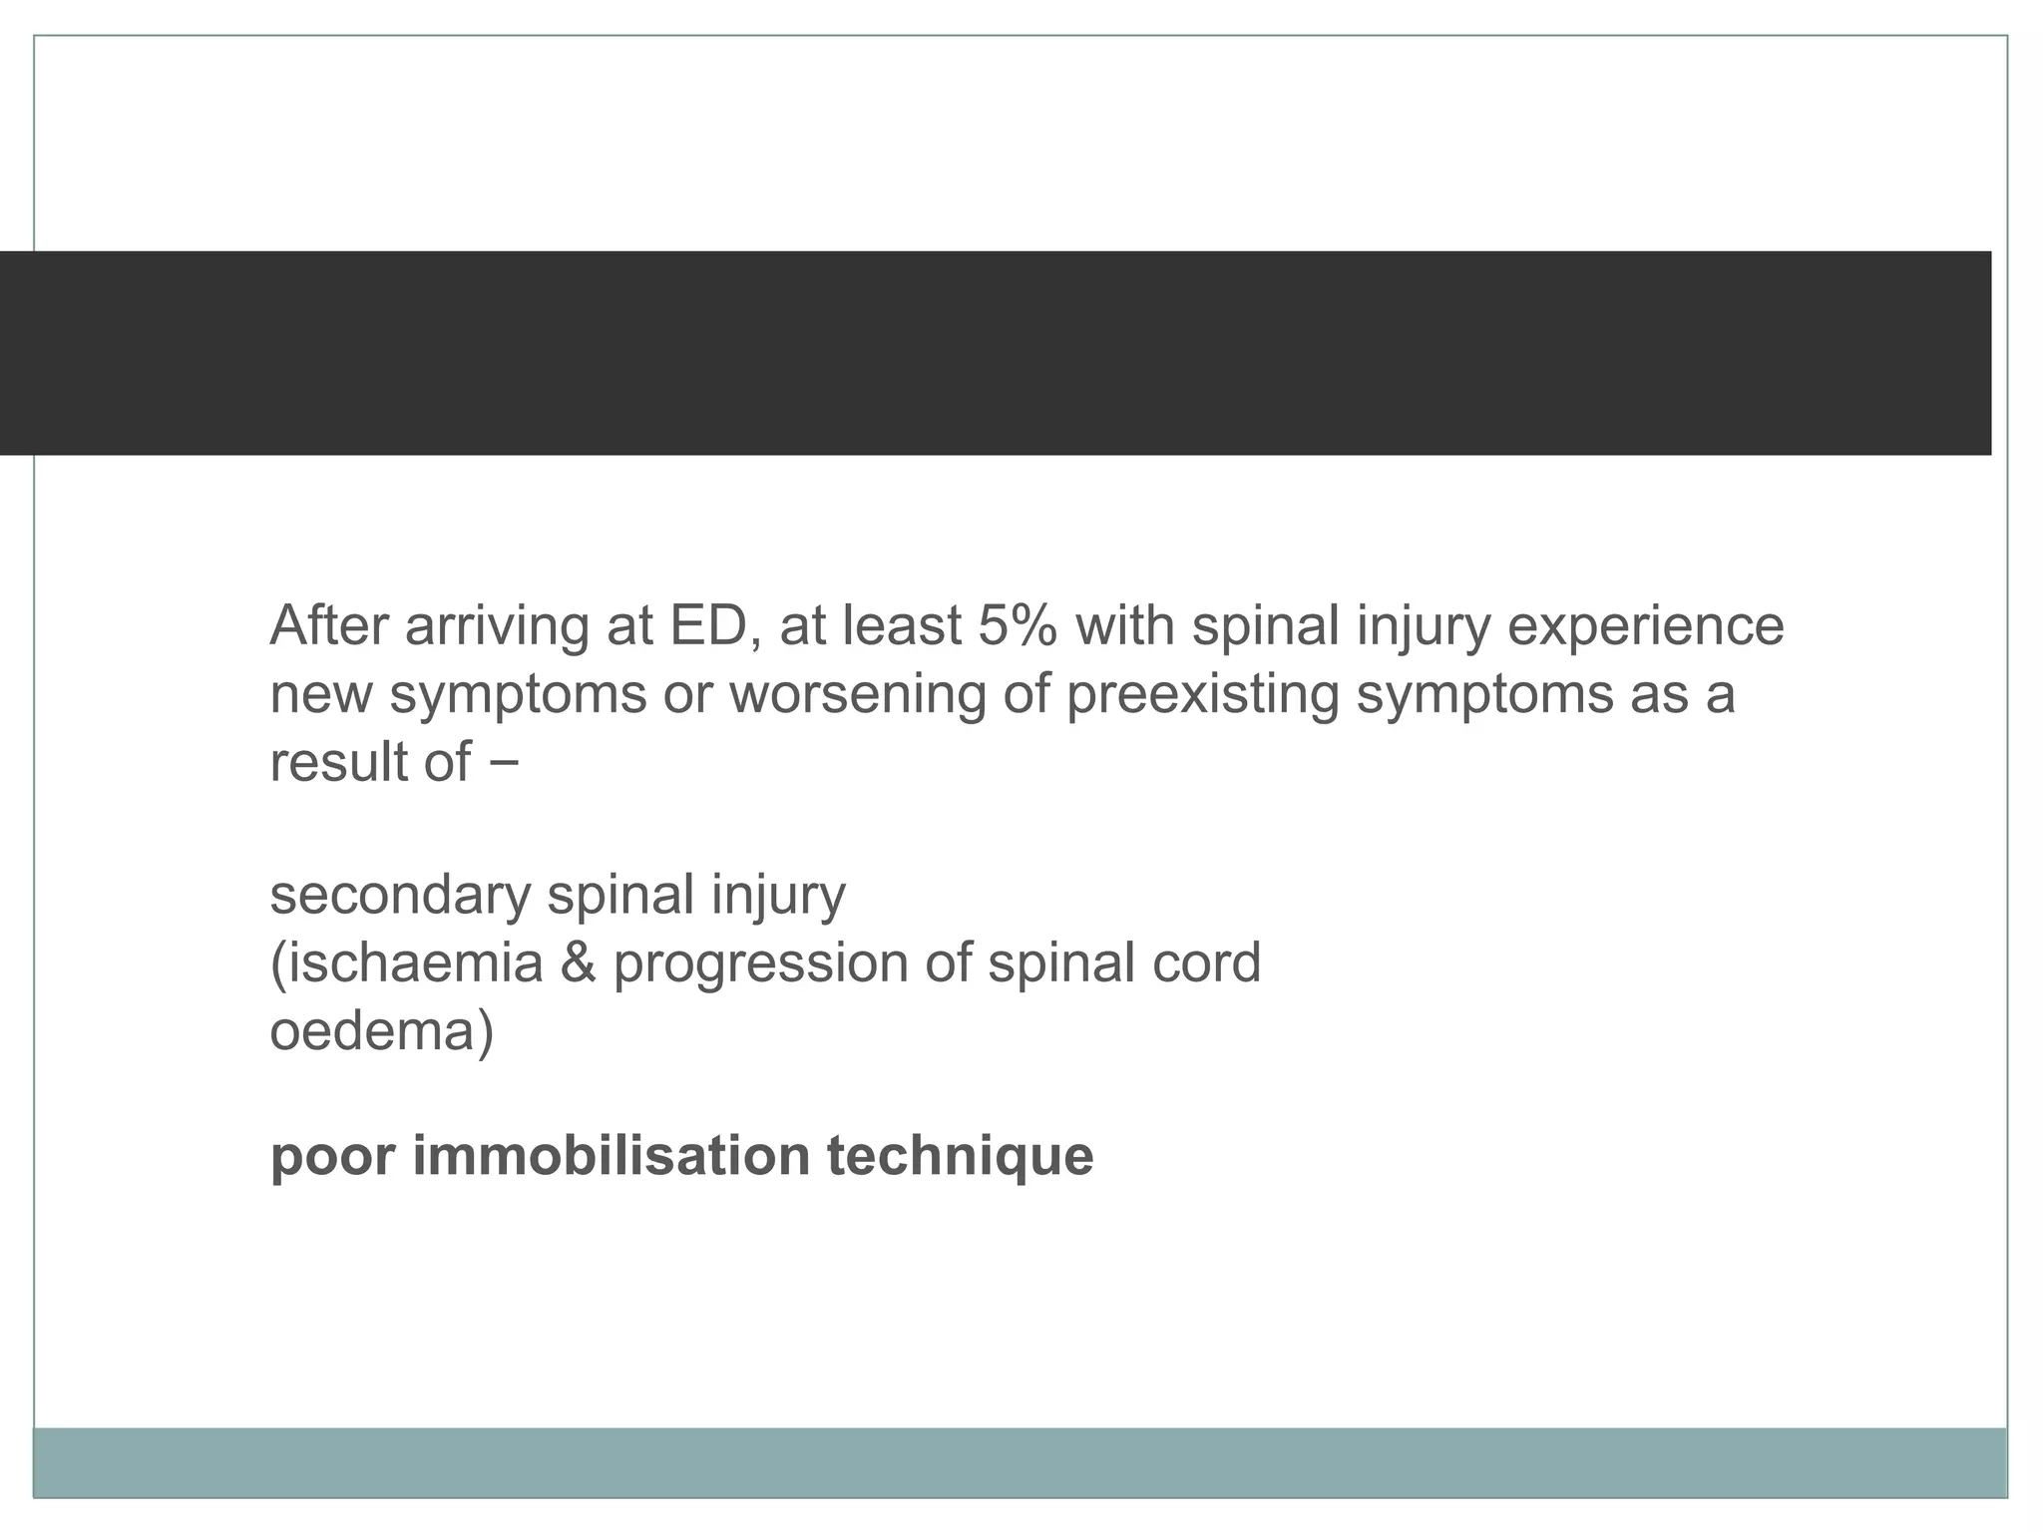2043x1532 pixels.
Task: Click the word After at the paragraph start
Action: pos(328,625)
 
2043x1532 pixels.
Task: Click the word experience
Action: pos(1645,627)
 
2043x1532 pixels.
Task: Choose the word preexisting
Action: pos(1202,694)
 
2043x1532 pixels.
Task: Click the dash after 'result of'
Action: pos(505,762)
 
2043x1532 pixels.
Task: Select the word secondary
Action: pos(400,895)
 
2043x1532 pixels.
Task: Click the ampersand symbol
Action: pos(578,962)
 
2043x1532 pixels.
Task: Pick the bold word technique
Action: pos(960,1157)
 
